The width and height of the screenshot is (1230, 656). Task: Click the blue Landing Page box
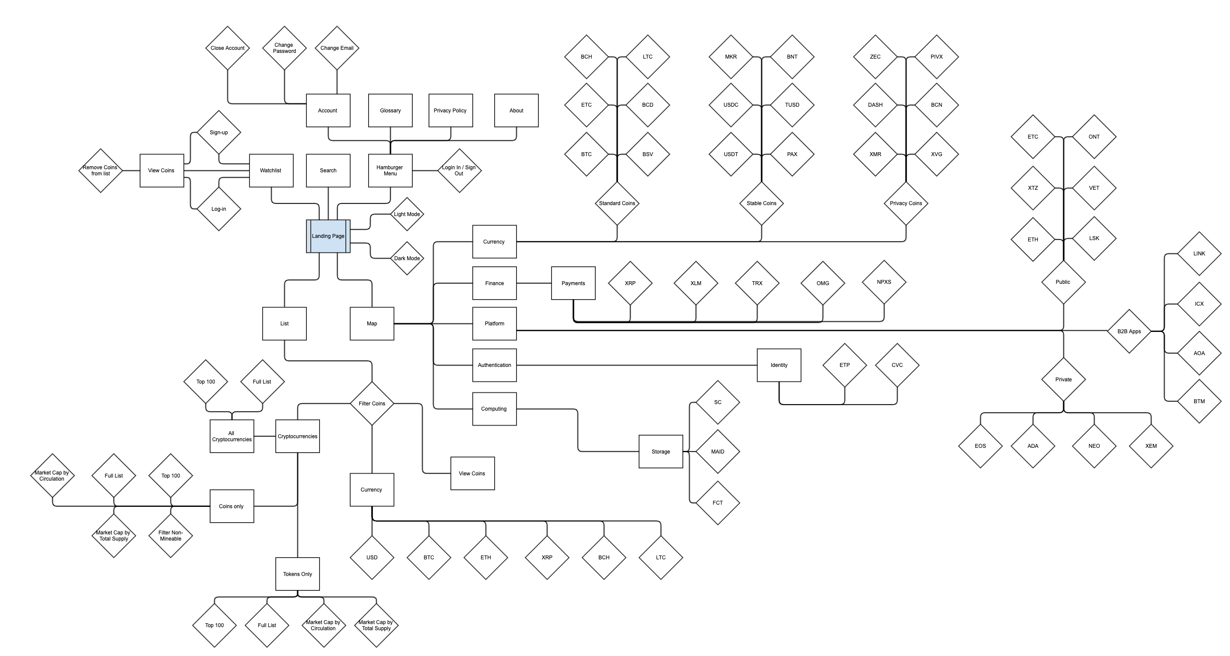[x=328, y=236]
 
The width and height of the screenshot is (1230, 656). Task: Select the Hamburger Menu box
[x=390, y=170]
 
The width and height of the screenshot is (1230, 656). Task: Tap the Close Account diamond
[x=227, y=48]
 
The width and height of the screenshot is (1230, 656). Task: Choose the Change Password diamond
[x=284, y=48]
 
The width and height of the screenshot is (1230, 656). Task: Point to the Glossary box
[x=390, y=110]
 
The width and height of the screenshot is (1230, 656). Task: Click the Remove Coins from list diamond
[x=100, y=170]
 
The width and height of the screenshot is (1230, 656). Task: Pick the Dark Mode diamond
[x=407, y=258]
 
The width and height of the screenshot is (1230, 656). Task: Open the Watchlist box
[x=271, y=170]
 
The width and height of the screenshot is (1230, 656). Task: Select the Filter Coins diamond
[x=372, y=403]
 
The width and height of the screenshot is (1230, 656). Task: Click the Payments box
[x=573, y=283]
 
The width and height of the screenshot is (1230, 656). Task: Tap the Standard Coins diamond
[x=617, y=203]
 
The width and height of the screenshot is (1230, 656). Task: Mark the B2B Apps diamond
[x=1129, y=331]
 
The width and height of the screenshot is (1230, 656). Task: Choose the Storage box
[x=661, y=451]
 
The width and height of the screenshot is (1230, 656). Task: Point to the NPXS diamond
[x=884, y=282]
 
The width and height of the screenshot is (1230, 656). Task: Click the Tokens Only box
[x=298, y=574]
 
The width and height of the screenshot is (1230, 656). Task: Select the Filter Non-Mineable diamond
[x=170, y=535]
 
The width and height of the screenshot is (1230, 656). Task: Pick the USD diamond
[x=372, y=557]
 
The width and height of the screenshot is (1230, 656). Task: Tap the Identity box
[x=779, y=365]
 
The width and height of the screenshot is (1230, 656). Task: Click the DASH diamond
[x=875, y=105]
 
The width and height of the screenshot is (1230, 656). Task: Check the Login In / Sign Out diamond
[x=459, y=170]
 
